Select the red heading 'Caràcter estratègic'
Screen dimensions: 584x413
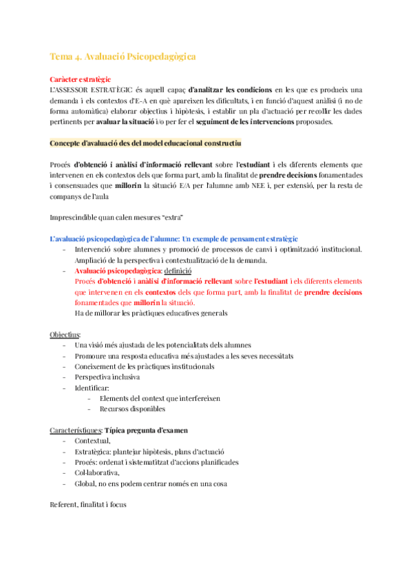click(x=81, y=80)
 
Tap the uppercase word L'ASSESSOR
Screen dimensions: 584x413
click(x=73, y=90)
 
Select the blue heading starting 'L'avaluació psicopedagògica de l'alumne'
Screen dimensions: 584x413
click(x=165, y=238)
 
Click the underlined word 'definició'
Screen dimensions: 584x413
click(x=180, y=271)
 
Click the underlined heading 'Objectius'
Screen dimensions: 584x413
click(x=65, y=335)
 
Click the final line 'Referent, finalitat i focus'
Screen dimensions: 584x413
click(x=88, y=505)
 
